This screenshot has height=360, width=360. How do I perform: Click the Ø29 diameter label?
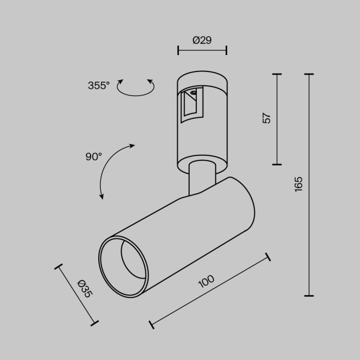click(202, 41)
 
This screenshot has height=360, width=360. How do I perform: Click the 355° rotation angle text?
click(99, 86)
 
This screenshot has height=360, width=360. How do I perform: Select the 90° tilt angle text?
click(94, 157)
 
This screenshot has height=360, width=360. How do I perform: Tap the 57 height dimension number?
click(266, 118)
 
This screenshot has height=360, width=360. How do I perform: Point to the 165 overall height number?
click(299, 184)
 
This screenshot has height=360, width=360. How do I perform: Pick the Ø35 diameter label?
click(84, 288)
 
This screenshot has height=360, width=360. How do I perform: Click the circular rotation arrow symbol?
click(136, 88)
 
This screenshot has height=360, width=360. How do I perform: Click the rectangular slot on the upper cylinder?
click(192, 102)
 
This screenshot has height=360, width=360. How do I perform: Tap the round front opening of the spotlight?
click(123, 266)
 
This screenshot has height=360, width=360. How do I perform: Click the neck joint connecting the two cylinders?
click(202, 177)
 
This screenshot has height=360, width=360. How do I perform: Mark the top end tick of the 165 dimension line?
click(309, 75)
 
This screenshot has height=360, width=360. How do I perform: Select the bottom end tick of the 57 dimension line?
click(277, 165)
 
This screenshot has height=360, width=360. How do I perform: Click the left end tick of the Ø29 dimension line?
click(178, 50)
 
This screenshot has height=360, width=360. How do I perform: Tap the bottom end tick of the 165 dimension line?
click(309, 296)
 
